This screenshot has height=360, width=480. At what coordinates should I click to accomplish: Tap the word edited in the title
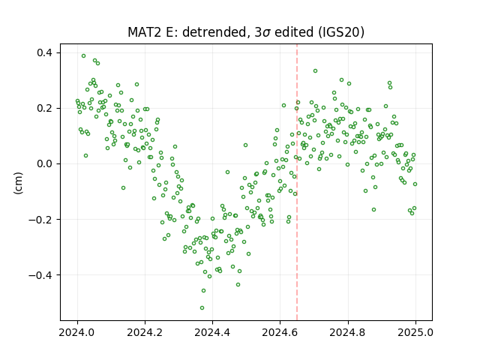[x=294, y=32]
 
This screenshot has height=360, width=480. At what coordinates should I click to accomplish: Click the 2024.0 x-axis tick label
[x=77, y=332]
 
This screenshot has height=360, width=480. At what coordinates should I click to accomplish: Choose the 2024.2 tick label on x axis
[x=145, y=332]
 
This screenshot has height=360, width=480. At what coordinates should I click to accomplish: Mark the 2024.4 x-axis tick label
[x=212, y=332]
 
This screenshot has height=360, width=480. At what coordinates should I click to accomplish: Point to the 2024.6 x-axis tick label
[x=280, y=332]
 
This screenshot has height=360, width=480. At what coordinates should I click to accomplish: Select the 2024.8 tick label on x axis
[x=348, y=332]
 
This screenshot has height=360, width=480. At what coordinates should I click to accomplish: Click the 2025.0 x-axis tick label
[x=415, y=332]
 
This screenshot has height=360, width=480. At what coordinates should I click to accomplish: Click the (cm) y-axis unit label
[x=18, y=183]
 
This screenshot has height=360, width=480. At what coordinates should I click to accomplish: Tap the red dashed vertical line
[x=297, y=182]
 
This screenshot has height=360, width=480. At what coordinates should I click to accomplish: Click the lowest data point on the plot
[x=202, y=307]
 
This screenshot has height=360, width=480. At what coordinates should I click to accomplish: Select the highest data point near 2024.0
[x=83, y=56]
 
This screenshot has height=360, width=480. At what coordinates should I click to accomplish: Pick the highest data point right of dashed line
[x=315, y=71]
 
